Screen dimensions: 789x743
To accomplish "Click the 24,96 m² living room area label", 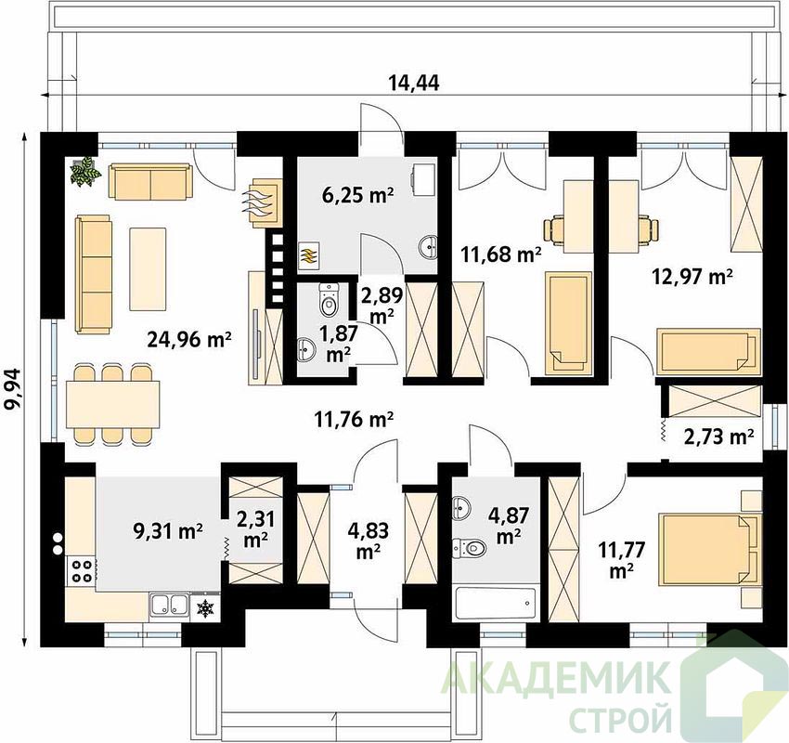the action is [x=189, y=340].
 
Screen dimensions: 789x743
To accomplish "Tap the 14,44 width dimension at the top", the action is [x=414, y=83].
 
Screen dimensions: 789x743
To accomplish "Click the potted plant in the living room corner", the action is [x=84, y=172].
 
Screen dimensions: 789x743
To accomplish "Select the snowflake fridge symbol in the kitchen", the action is [x=205, y=608].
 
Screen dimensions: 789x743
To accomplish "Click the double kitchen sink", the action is [x=169, y=606].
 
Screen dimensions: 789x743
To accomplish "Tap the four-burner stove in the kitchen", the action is [x=81, y=571].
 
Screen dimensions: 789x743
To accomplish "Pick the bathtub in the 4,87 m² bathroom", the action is [x=495, y=604].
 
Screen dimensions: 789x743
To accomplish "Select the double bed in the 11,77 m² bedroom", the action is [x=709, y=550].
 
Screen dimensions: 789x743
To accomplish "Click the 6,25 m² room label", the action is [x=357, y=195].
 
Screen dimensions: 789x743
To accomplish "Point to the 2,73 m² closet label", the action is [x=718, y=437].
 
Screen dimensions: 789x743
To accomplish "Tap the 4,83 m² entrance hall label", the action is [x=368, y=541].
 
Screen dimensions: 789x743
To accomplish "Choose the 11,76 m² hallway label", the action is [x=354, y=419].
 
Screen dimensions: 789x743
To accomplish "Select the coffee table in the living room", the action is [x=148, y=268].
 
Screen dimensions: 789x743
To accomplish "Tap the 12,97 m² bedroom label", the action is [x=692, y=277].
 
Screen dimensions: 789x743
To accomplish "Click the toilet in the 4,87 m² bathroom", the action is [x=469, y=548].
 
